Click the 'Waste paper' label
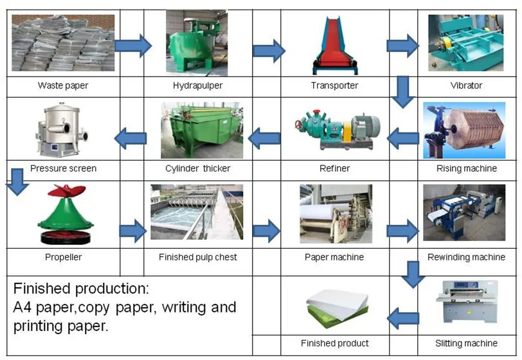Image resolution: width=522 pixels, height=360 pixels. [63, 85]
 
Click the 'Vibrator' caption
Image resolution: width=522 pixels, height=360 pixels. [466, 85]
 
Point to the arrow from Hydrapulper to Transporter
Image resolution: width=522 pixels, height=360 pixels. [269, 50]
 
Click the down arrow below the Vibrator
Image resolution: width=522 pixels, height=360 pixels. [403, 91]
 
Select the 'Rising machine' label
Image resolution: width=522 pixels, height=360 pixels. [466, 168]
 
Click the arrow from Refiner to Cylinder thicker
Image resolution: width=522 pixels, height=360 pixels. [265, 137]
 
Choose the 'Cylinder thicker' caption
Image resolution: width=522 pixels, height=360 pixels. [197, 168]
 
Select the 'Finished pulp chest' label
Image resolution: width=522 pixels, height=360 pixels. [197, 257]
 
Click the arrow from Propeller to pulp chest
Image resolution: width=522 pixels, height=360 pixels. [133, 230]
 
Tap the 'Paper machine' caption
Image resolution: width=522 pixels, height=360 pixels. [334, 257]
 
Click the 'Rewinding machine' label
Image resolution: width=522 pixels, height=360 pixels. [466, 257]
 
